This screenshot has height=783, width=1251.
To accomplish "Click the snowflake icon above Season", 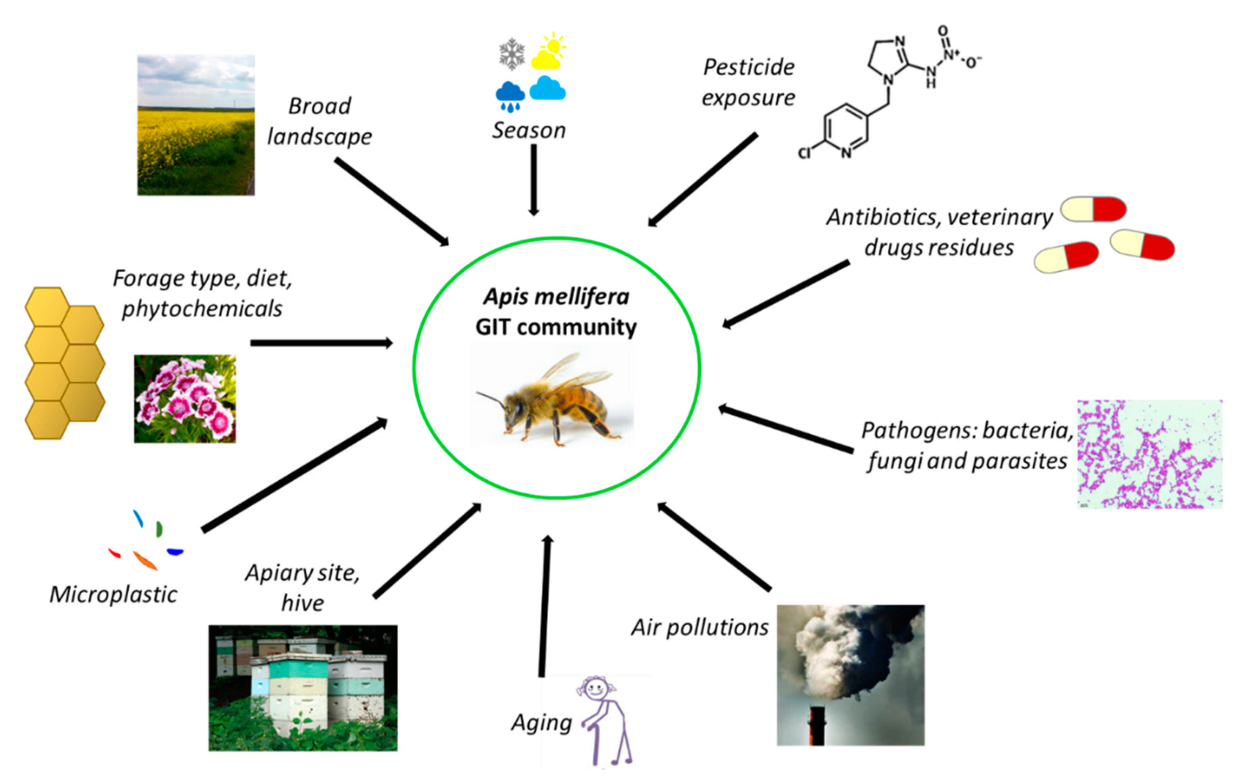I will point(511,53).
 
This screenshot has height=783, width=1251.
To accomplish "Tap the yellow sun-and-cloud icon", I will point(549,52).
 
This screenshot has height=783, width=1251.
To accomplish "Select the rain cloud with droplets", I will point(510,96).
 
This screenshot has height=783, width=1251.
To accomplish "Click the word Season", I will point(529,130).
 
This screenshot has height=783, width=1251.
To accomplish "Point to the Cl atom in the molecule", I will point(804,153).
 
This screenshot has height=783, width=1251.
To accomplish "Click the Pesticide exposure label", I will point(748,83).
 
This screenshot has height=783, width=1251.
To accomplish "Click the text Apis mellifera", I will point(556,297).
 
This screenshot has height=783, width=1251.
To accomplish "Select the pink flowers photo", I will point(185,398).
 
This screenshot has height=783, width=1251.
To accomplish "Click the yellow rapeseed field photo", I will point(196,126).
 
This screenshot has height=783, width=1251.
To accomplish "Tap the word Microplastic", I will point(113,594).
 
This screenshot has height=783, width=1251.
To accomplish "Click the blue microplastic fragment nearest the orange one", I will point(175,552).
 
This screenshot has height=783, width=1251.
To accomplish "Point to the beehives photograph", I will point(303,688).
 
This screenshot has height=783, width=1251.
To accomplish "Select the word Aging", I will point(541,722).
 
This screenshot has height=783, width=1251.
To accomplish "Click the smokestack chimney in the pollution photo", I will point(817,725).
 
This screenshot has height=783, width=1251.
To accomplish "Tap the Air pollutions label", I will point(700,627).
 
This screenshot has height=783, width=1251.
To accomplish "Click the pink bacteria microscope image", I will point(1150,454).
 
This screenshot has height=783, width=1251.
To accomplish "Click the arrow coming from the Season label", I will point(534,178).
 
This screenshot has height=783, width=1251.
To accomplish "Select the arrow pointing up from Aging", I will point(544,606).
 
